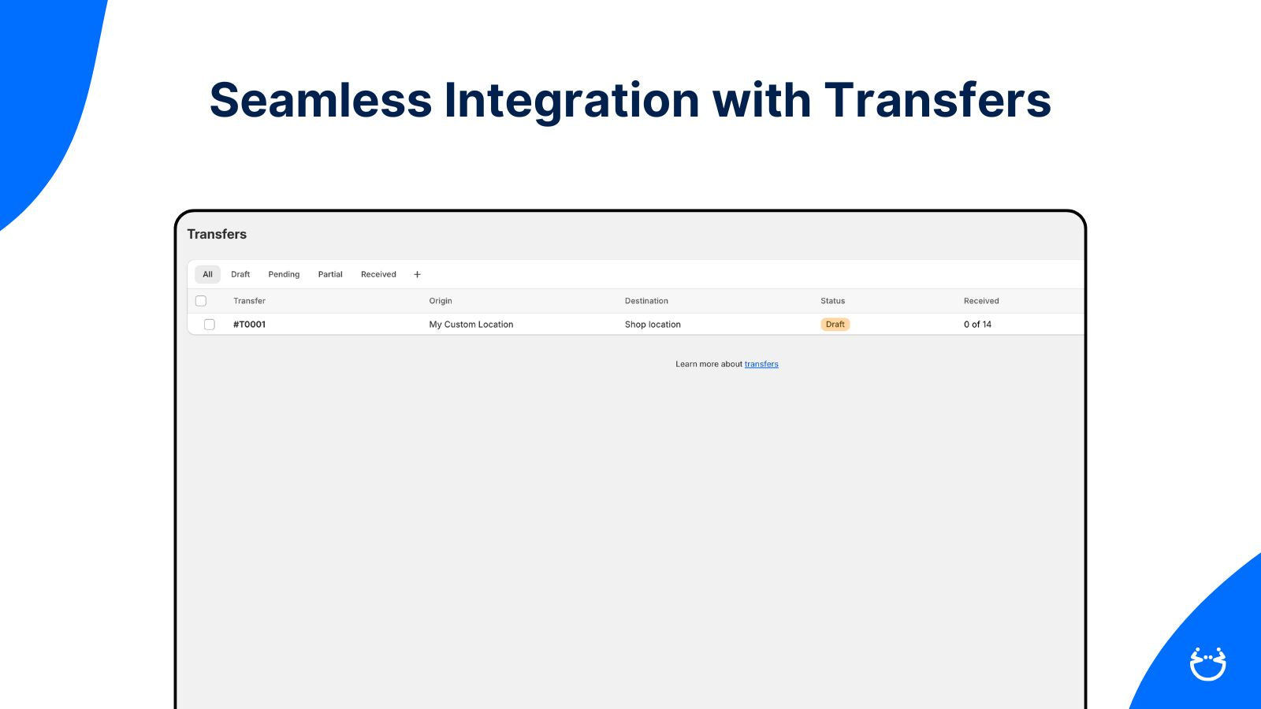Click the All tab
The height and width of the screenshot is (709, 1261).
[207, 275]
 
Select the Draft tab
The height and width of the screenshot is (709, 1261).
[240, 275]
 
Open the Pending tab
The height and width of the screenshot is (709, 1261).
[284, 275]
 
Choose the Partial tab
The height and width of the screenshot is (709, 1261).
[330, 275]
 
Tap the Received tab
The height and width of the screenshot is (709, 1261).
[378, 275]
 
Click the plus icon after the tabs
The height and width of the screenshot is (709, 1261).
[417, 275]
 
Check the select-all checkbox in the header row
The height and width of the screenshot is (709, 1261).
[201, 301]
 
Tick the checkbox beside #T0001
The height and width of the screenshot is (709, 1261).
[210, 325]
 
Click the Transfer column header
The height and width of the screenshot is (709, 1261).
[249, 301]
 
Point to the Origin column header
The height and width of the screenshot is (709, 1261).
[441, 301]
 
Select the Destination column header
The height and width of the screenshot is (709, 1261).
[646, 301]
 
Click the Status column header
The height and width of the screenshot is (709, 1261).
[832, 301]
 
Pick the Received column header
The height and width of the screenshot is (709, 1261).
[981, 301]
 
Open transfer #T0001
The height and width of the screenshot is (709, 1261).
[249, 325]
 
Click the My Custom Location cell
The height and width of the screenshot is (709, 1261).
[471, 325]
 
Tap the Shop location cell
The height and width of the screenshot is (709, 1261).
[653, 325]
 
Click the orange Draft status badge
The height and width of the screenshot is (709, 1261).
[835, 325]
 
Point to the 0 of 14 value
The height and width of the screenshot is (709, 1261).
[977, 325]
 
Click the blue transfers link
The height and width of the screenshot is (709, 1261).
[761, 364]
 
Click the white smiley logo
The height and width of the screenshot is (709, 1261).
[1208, 664]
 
